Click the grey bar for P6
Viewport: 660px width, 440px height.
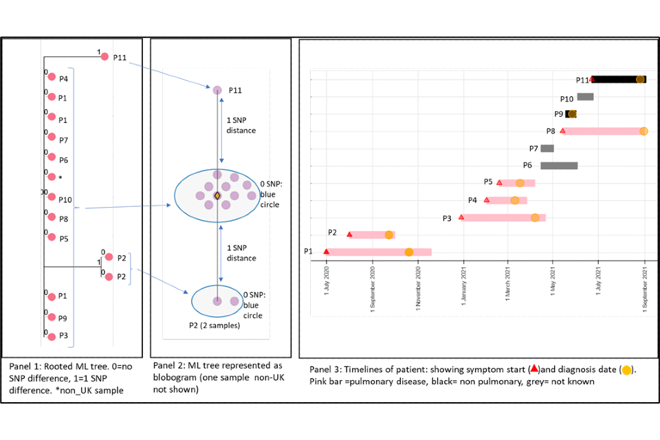pos(559,166)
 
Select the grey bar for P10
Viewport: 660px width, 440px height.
pos(585,97)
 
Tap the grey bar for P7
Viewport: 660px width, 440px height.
pos(547,148)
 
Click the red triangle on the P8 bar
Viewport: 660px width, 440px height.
pos(563,131)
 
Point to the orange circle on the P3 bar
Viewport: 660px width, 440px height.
pos(535,218)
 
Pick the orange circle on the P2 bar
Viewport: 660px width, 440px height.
pos(388,235)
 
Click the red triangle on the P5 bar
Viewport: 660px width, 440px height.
pos(499,182)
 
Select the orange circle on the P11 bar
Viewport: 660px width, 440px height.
pos(640,80)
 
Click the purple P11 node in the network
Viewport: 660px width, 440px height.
pos(217,90)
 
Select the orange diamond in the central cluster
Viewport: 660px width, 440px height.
pos(217,196)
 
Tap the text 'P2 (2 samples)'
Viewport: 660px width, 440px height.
pos(214,325)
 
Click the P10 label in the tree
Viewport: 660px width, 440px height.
pos(65,200)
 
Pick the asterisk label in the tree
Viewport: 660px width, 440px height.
pos(60,178)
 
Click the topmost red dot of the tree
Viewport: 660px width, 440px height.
pos(104,56)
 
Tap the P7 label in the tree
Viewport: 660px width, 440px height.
pos(63,140)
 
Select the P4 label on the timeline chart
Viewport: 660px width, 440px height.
pos(472,200)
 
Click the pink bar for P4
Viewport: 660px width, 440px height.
pos(507,201)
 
